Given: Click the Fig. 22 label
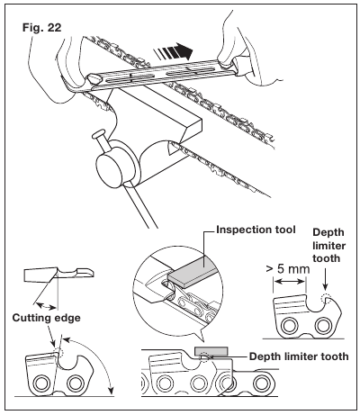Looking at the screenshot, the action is pos(41,28).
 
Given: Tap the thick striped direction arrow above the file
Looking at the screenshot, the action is pos(173,51).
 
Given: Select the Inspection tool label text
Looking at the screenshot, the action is pos(256,230).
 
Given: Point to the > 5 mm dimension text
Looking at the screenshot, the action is pos(288,269).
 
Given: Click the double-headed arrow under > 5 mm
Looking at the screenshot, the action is pos(289,282).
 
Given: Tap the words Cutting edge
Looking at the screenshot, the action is pos(47,318).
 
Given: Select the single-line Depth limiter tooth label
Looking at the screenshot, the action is pos(299,356).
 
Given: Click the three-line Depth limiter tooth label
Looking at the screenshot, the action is pos(328,246).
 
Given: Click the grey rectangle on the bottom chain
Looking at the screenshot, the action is pos(211,350).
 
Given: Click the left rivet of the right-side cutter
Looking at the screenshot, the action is pos(289,326).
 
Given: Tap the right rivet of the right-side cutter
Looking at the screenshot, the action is pos(322,326).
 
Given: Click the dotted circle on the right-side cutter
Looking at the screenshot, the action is pos(325,299).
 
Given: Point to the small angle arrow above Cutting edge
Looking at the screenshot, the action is pos(46,306).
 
